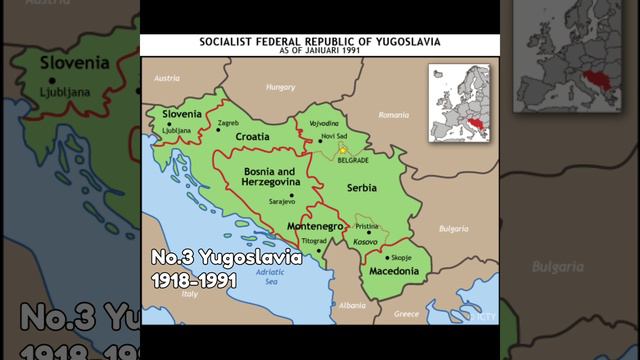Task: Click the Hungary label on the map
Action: (x=280, y=88)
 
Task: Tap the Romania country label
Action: (x=394, y=115)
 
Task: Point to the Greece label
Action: (x=406, y=313)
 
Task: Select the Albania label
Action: (x=352, y=305)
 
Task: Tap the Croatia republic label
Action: (x=252, y=137)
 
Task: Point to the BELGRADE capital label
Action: (x=352, y=160)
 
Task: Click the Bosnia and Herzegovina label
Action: (x=272, y=177)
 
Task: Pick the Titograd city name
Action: (x=314, y=242)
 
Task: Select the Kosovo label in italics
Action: (x=366, y=242)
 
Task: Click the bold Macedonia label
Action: (x=394, y=271)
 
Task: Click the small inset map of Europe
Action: (x=460, y=102)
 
